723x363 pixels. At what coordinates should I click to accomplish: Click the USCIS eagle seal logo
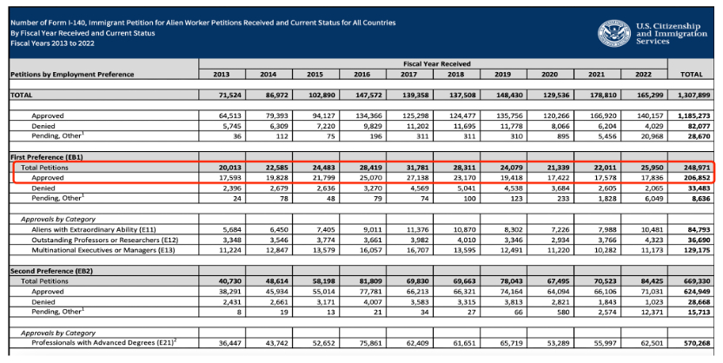[614, 33]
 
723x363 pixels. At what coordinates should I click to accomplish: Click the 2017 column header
[409, 74]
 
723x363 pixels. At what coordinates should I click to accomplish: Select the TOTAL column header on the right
[691, 74]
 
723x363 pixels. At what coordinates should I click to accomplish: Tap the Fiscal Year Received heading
[436, 63]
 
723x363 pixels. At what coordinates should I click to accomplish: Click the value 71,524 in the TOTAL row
[230, 95]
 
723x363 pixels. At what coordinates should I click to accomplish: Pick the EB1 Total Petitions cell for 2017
[418, 168]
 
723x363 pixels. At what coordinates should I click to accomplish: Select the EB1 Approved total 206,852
[695, 178]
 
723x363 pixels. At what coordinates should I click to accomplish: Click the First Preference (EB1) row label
[47, 157]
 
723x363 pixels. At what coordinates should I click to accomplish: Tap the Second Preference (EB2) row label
[51, 271]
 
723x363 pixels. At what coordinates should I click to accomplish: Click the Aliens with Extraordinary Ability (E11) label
[104, 229]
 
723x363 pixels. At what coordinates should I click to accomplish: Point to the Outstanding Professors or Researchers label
[104, 240]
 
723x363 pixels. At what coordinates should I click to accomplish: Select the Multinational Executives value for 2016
[371, 250]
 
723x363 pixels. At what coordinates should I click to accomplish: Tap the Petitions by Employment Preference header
[72, 74]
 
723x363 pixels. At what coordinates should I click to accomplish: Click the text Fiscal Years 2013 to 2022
[52, 43]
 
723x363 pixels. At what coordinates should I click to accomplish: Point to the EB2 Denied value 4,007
[373, 302]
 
